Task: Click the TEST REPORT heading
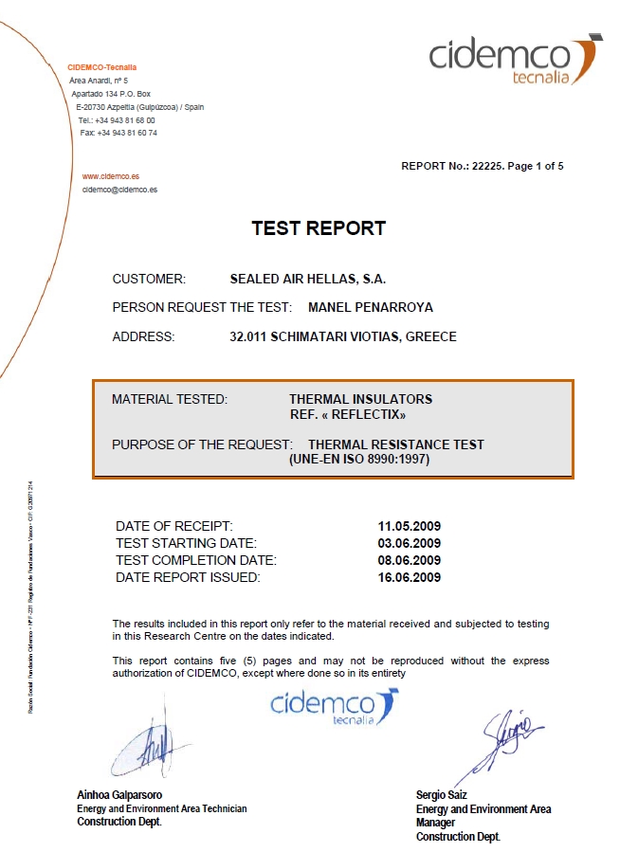click(x=319, y=228)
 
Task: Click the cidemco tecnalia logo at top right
click(x=515, y=60)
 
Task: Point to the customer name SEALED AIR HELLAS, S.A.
click(x=308, y=279)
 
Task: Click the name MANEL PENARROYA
click(x=371, y=307)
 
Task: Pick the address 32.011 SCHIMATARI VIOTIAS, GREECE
click(x=343, y=336)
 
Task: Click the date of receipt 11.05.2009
click(x=410, y=526)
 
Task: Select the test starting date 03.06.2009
click(x=410, y=543)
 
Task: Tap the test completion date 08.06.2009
click(x=410, y=560)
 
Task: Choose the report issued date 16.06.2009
click(x=410, y=577)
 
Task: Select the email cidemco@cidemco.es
click(x=119, y=190)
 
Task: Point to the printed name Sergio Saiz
click(x=441, y=794)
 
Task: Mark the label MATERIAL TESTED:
click(x=170, y=399)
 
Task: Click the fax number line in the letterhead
click(x=118, y=133)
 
